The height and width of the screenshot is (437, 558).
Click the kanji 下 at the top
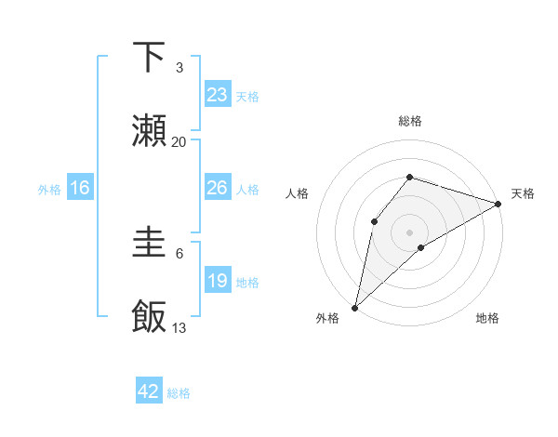coord(150,58)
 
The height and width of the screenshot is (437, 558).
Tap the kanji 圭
coord(150,244)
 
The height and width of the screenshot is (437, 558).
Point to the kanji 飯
coord(150,316)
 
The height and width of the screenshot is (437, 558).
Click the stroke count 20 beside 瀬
coord(179,142)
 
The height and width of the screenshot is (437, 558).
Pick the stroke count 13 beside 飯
coord(179,327)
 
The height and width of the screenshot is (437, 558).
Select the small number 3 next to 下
coord(179,68)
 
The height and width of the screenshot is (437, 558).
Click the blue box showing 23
coord(218,95)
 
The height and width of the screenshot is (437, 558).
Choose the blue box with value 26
coord(218,188)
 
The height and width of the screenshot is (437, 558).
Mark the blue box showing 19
coord(218,281)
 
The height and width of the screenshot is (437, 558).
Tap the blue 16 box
coord(80,188)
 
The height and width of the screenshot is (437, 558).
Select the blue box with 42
coord(149,391)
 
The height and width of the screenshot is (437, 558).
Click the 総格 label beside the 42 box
coord(179,393)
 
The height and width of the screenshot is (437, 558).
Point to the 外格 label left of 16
coord(49,190)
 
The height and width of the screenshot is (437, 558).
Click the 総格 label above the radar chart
coord(409,121)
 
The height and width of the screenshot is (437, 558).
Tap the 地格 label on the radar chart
coord(487,319)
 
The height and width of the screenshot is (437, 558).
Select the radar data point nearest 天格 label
coord(499,204)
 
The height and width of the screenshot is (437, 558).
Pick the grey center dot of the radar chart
coord(409,232)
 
